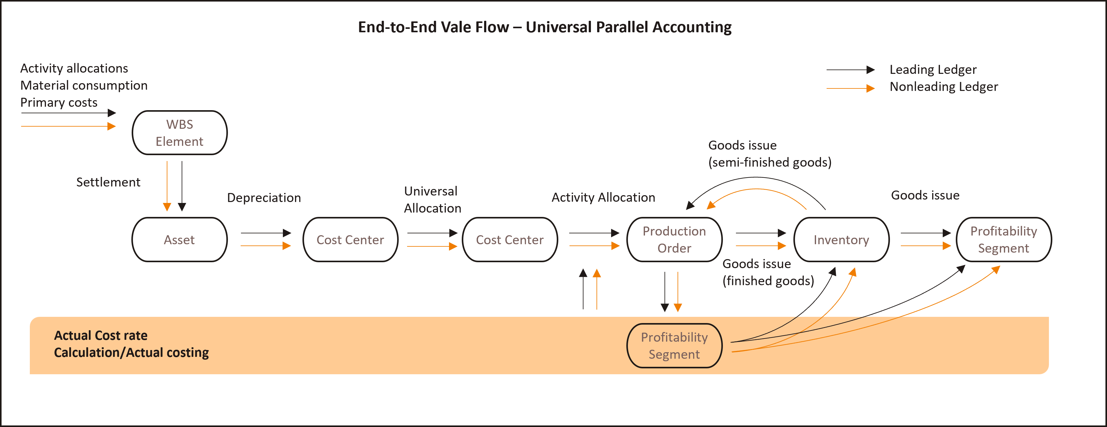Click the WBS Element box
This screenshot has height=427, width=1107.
[x=179, y=133]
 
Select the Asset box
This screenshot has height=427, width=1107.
[x=179, y=240]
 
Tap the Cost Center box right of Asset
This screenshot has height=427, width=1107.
[x=350, y=240]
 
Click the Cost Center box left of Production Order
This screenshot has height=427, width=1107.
[x=510, y=240]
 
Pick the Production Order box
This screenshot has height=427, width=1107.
[x=674, y=240]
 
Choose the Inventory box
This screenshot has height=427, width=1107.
[x=841, y=240]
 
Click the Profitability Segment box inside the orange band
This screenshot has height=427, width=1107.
[x=674, y=346]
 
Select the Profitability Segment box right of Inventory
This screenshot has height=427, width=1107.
[x=1003, y=240]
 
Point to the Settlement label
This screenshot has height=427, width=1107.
[x=108, y=182]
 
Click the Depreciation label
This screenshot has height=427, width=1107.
[x=264, y=198]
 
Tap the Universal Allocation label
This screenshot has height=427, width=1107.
[x=432, y=200]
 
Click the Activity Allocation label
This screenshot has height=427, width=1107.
[x=603, y=198]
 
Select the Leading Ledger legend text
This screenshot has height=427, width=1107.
[x=933, y=70]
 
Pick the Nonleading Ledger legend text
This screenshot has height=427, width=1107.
[x=944, y=87]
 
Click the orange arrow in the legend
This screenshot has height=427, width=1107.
[x=851, y=88]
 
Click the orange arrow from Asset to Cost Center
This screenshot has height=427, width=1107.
[x=265, y=246]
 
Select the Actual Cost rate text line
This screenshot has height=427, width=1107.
[x=101, y=335]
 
